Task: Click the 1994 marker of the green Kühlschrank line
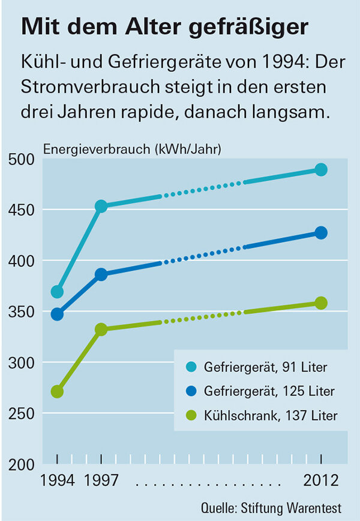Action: click(57, 391)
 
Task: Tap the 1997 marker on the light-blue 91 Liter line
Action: click(101, 206)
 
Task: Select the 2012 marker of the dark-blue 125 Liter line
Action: click(321, 233)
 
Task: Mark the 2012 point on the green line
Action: click(321, 303)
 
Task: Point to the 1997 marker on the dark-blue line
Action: click(101, 274)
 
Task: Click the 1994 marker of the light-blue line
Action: click(57, 292)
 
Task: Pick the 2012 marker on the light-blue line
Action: click(321, 170)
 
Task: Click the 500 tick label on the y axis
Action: click(21, 160)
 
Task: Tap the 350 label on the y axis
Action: click(21, 312)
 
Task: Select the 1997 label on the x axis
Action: click(101, 481)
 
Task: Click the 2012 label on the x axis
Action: click(321, 481)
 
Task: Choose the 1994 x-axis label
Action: click(57, 481)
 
